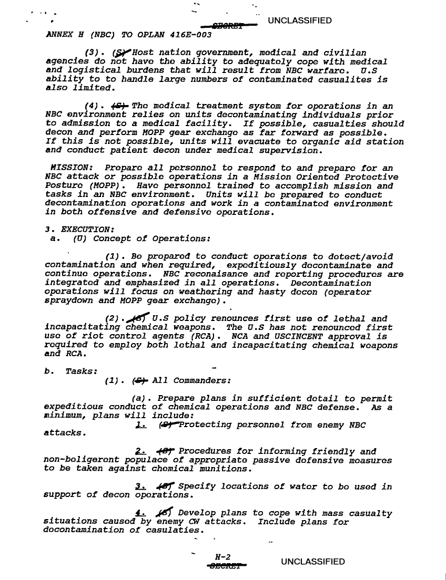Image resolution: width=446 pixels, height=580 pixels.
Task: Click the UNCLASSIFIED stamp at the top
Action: [300, 21]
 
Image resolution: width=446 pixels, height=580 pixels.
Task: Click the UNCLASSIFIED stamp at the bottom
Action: [313, 562]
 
